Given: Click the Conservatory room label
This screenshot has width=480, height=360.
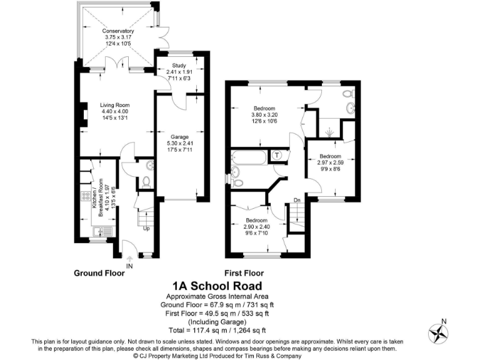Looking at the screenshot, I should coord(119,31).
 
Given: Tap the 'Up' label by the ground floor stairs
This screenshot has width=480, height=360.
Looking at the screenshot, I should coord(147,229).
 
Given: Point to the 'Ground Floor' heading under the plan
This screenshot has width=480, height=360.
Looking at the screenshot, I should coord(99,273).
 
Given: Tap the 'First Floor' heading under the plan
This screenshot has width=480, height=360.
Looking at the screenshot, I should coord(244,273).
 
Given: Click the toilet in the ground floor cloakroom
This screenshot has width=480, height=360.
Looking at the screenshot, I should coord(146,181).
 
